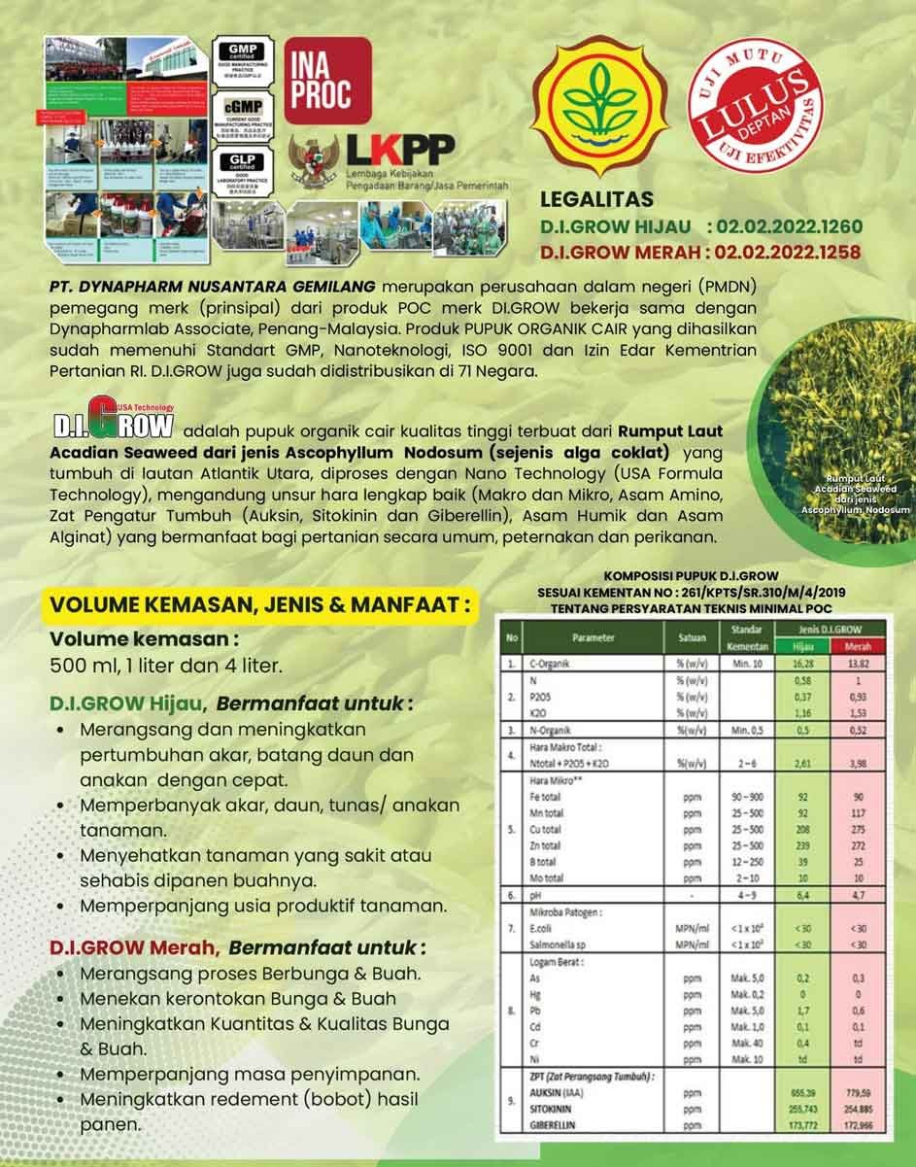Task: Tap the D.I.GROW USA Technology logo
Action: (x=114, y=425)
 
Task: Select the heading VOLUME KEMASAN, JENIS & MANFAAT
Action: (x=260, y=604)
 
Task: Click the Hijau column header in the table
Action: (x=803, y=646)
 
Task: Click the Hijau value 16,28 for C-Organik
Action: (x=803, y=664)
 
